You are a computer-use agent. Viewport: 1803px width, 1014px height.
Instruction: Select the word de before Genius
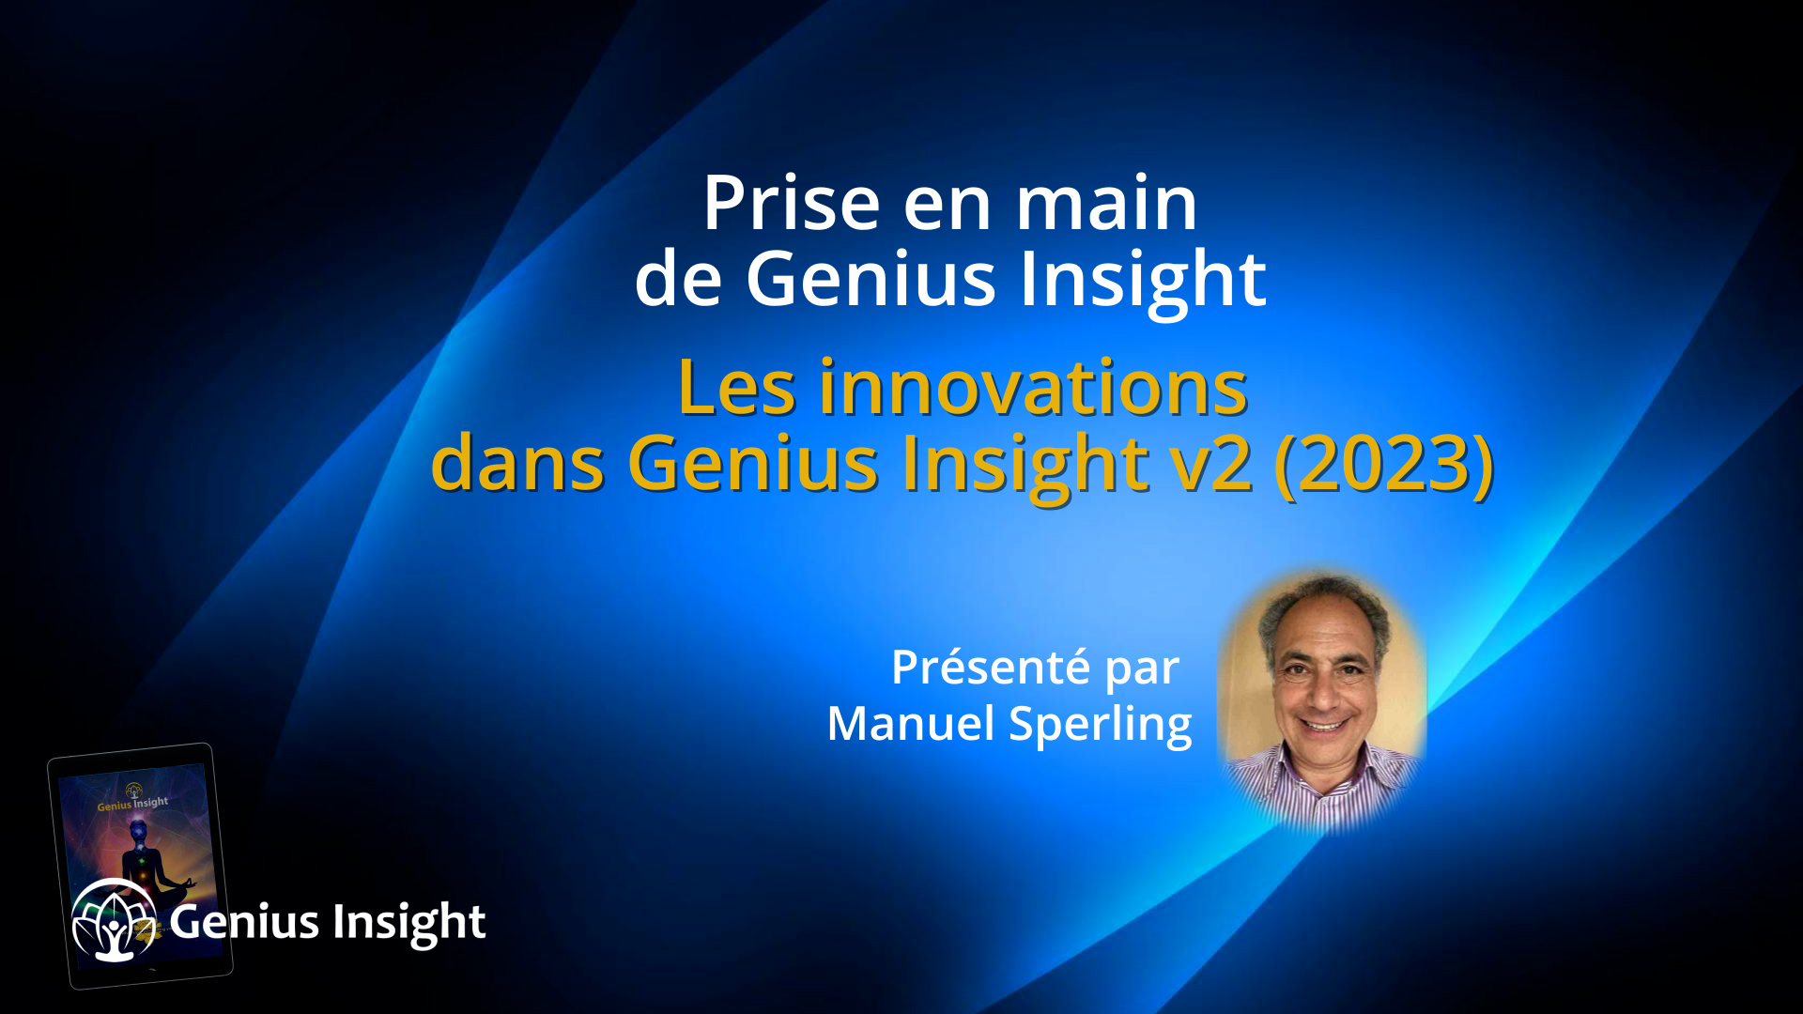(x=678, y=279)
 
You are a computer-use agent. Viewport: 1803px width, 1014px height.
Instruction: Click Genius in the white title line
(x=870, y=279)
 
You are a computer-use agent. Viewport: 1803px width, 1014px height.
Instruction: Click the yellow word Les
(x=736, y=388)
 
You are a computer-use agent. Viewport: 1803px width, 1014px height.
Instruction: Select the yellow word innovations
(x=1033, y=388)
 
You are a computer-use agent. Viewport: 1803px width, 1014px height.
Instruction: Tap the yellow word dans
(x=517, y=463)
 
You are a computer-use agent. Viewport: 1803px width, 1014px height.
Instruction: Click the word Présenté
(x=990, y=668)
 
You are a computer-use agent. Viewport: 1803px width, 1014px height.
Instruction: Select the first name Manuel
(x=910, y=724)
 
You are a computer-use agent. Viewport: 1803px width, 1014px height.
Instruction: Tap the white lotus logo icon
(x=114, y=920)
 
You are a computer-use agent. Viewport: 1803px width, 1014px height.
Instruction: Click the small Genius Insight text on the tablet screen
(x=132, y=805)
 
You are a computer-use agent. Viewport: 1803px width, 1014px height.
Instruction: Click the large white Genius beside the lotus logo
(x=244, y=922)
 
